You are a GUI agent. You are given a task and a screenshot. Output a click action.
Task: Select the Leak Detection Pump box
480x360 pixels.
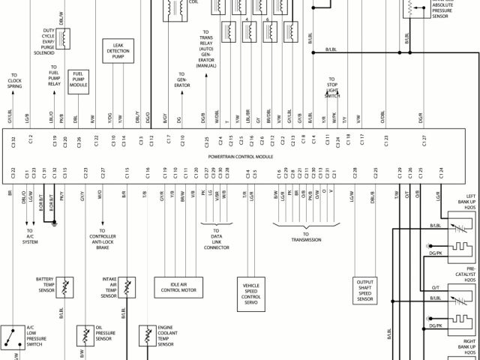coord(118,52)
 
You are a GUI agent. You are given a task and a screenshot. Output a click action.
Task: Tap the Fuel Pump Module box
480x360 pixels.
coord(79,79)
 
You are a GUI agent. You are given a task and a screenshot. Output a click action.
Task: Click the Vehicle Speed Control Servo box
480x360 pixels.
coord(250,292)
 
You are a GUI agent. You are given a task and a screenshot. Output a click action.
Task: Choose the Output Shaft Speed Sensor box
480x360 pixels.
coord(365,289)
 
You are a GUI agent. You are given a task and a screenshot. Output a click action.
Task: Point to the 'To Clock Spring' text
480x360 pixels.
coord(13,82)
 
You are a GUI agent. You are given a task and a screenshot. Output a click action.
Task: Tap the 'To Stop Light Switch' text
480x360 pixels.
coord(331,87)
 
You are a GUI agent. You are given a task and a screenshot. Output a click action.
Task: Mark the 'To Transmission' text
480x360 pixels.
coord(306,239)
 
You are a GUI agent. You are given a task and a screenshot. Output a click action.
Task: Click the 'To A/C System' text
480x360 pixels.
coord(30,238)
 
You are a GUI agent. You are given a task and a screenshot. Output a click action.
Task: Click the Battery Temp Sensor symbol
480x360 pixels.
coord(66,286)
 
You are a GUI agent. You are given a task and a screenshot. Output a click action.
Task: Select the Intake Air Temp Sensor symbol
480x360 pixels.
coord(129,287)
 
